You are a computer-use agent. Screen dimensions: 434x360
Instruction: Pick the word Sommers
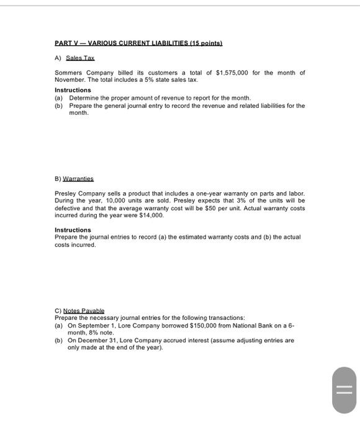tap(70, 73)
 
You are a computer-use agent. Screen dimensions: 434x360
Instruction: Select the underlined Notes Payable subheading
tap(83, 310)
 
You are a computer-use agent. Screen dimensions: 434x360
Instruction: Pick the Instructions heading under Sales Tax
tap(73, 90)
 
